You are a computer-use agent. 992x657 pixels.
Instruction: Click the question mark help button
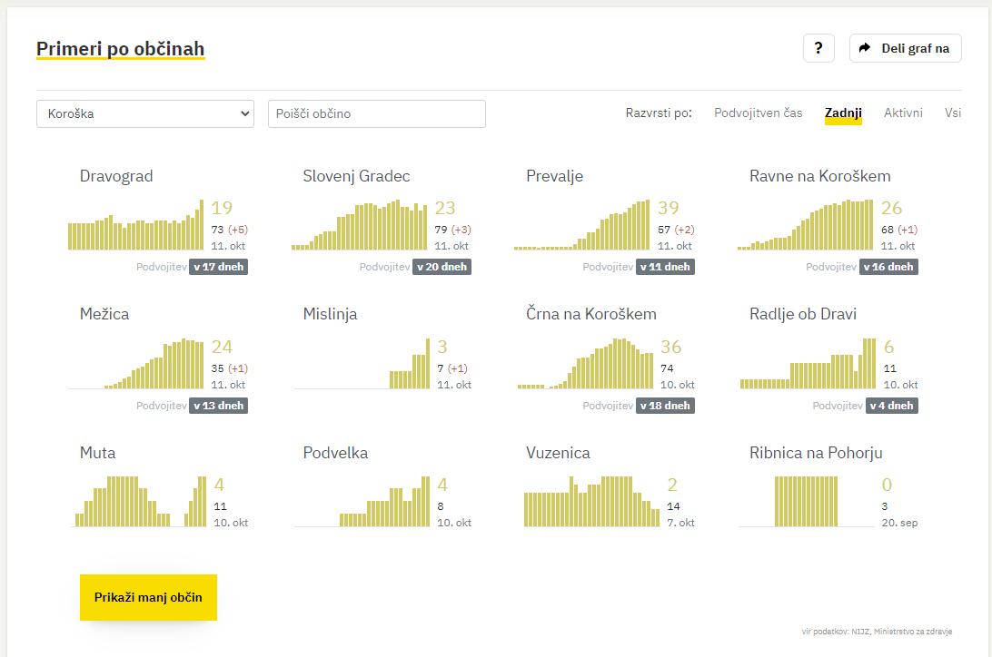point(818,48)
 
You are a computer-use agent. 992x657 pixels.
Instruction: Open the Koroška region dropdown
point(145,113)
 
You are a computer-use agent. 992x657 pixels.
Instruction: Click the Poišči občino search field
point(376,113)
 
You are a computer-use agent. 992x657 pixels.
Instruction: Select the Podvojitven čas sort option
point(758,113)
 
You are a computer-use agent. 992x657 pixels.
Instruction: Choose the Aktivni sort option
point(903,113)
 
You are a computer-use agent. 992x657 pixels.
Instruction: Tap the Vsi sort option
point(952,113)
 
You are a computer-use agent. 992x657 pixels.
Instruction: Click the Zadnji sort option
point(843,113)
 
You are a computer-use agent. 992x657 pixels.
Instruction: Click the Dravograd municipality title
point(116,176)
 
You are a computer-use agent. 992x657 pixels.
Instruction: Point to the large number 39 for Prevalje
point(668,209)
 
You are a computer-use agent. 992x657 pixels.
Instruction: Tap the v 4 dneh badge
point(891,406)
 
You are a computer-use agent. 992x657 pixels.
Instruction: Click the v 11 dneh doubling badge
point(668,267)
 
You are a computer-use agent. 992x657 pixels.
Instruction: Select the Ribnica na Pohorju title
point(816,453)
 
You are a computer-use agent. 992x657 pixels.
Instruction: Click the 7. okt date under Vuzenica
point(680,523)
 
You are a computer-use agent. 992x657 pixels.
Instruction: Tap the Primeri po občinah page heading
point(120,49)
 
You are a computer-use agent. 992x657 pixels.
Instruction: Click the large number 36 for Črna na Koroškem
point(670,347)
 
